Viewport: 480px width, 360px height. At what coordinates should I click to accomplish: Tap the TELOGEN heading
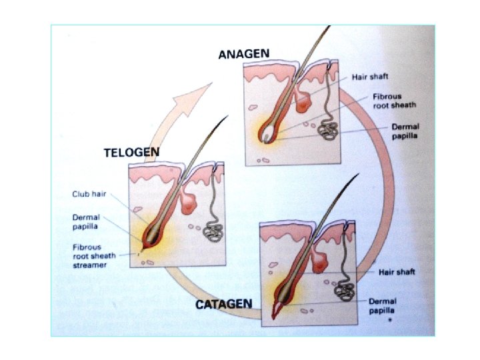point(131,153)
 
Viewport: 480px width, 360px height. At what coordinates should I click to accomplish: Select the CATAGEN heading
point(223,305)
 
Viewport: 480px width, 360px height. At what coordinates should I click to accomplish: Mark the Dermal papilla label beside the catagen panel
point(383,305)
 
